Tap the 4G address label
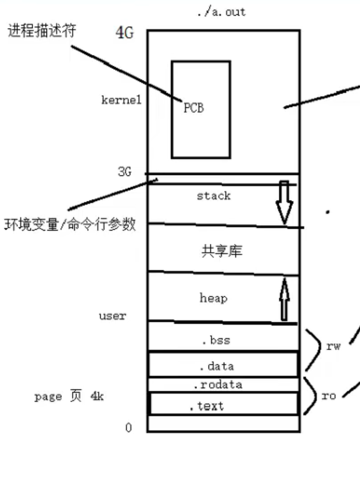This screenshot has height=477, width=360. [x=124, y=33]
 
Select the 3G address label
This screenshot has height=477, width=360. [x=124, y=173]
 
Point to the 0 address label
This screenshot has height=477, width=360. [x=128, y=428]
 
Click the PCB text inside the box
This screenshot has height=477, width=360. [x=193, y=108]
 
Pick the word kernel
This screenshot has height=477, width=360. [x=121, y=100]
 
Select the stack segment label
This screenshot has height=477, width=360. [x=213, y=196]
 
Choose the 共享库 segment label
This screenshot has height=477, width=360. [x=222, y=251]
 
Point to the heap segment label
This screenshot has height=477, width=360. [x=213, y=297]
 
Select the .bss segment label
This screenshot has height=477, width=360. [x=216, y=341]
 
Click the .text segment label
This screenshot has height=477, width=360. [x=206, y=407]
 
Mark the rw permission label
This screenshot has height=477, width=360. [x=333, y=347]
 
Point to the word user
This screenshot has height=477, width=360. [x=112, y=316]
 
